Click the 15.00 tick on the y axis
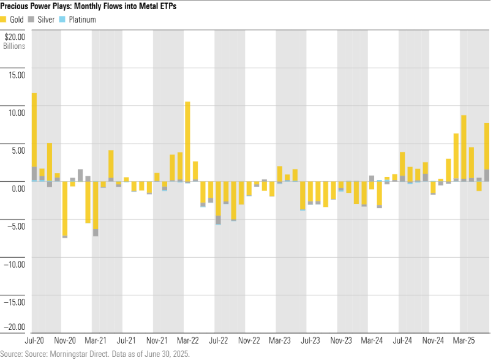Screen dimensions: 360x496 (16, 75)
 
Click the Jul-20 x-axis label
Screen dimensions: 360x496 (34, 339)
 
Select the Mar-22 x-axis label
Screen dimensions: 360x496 (188, 339)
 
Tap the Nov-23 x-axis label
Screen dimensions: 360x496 (341, 339)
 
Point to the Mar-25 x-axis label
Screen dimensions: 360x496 (464, 339)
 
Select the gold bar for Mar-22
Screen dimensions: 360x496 (187, 141)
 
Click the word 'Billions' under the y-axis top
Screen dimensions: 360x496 (13, 45)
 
